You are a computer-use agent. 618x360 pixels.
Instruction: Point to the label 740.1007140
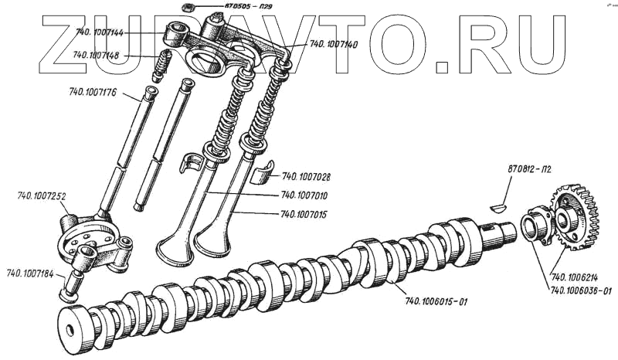tap(333, 45)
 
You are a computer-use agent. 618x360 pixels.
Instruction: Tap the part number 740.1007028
tap(307, 177)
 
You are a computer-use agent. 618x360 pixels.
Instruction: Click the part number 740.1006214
tap(576, 277)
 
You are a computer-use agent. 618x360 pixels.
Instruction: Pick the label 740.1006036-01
tap(580, 290)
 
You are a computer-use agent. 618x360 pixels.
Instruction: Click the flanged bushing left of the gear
tap(533, 227)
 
